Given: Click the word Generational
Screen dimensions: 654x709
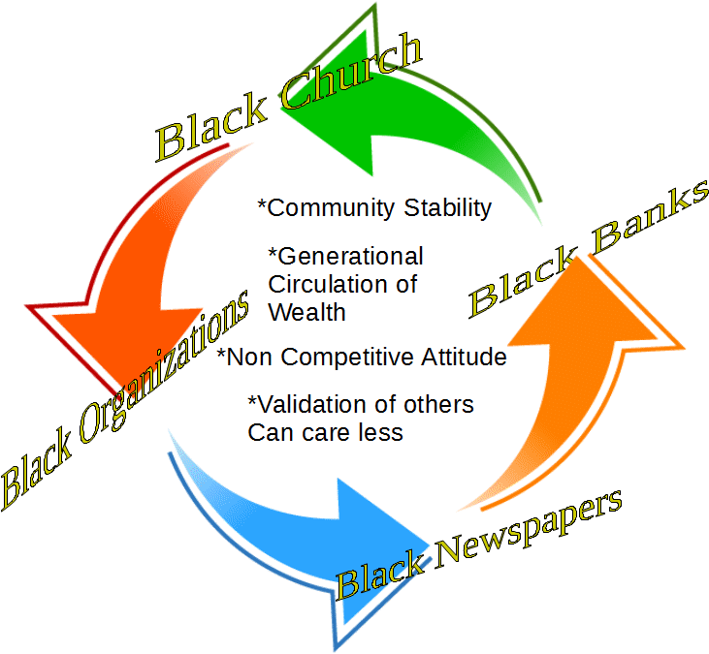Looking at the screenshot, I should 347,258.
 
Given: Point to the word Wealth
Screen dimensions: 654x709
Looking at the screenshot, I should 306,312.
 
